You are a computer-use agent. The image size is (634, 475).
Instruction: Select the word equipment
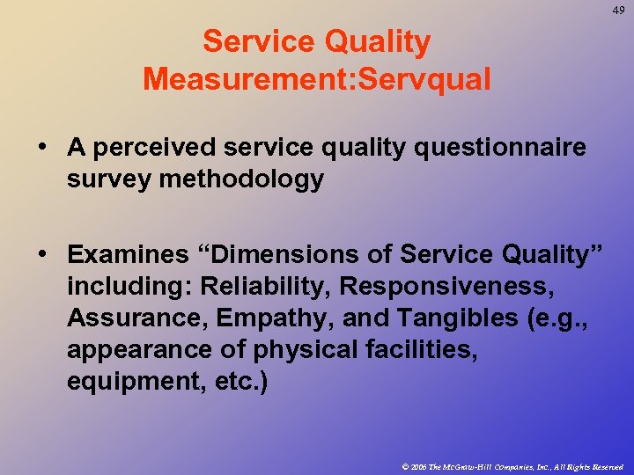136,382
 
